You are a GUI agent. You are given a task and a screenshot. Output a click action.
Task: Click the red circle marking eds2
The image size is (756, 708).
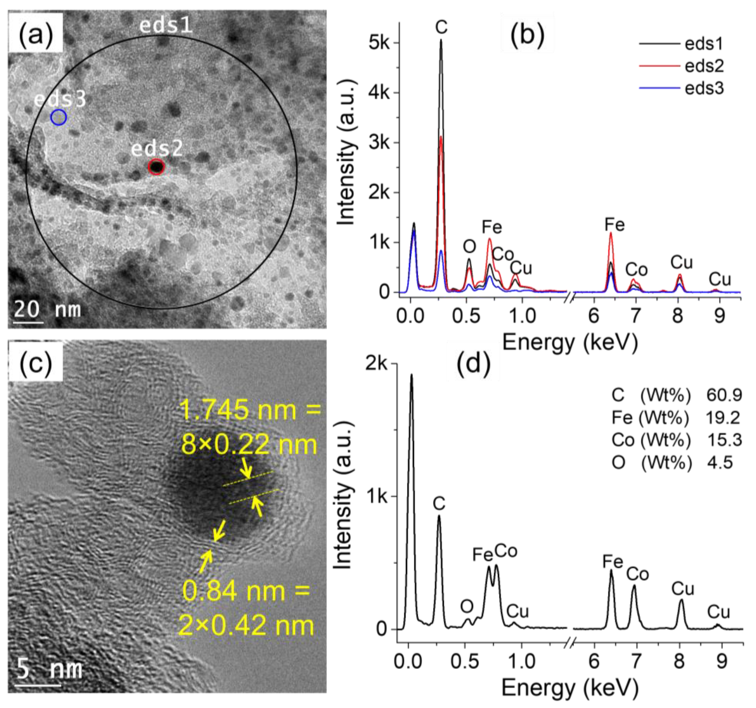[156, 167]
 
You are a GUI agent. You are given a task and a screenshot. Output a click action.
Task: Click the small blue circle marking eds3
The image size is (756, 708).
[59, 117]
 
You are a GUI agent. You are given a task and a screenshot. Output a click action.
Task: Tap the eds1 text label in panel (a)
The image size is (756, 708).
[166, 26]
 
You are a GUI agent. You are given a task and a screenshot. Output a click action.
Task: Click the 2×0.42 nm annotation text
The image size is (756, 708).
[246, 625]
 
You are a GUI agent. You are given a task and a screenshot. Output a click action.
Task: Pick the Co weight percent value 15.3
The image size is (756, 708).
[724, 440]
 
